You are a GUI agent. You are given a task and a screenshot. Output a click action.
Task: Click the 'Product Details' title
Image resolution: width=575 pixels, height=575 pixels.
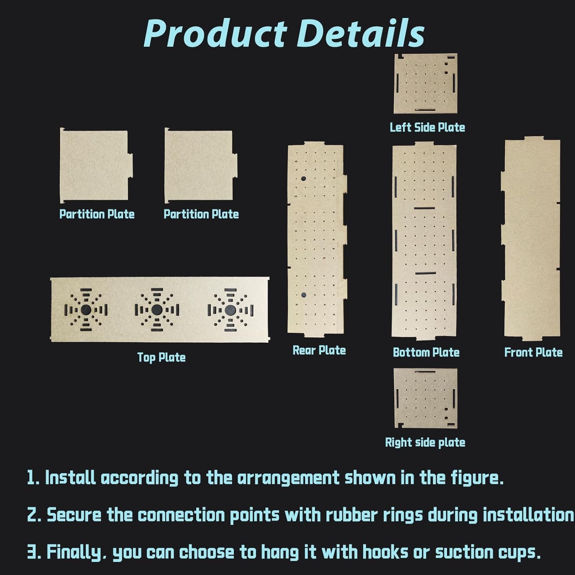(284, 33)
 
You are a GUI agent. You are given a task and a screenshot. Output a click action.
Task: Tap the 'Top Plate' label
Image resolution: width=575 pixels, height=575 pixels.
(161, 358)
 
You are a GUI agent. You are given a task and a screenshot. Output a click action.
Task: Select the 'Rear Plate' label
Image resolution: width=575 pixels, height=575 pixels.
(319, 350)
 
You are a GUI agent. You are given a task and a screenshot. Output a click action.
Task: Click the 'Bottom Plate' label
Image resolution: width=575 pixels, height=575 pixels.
(426, 352)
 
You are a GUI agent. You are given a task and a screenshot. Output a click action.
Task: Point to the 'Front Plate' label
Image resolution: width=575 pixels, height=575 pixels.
(533, 352)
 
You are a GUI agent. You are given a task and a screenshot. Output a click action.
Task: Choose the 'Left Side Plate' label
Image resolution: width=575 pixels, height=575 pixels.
(427, 127)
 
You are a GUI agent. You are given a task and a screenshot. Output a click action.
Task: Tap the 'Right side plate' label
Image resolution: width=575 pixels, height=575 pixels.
(425, 442)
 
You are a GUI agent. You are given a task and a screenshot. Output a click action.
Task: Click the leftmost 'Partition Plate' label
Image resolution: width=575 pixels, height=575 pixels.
(97, 214)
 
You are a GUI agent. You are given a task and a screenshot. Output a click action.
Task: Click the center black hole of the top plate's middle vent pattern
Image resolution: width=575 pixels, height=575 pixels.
(156, 309)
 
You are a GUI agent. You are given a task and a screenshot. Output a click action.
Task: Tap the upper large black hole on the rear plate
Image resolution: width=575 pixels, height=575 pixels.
(304, 179)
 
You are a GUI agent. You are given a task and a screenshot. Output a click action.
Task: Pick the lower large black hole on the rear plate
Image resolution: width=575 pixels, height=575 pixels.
(304, 295)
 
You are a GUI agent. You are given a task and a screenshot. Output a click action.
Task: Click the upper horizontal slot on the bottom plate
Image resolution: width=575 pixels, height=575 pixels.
(425, 208)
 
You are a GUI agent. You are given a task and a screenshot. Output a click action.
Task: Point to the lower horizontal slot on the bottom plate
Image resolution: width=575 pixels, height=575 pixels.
(425, 273)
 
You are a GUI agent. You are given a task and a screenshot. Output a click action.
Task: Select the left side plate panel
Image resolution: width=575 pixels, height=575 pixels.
(426, 84)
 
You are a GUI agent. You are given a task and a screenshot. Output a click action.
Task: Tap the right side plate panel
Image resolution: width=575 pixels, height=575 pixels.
(426, 398)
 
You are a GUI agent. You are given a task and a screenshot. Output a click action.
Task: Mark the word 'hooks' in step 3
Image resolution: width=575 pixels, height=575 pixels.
(385, 552)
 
